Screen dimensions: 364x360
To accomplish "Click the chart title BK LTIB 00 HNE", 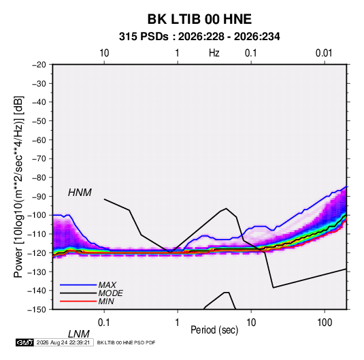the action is coord(199,19).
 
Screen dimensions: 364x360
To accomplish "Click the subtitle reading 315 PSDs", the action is coord(144,37).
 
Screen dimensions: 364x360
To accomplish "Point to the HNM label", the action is coord(80,193).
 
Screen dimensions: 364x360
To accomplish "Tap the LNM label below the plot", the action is coord(79,334).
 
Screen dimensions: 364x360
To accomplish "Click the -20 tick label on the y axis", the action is coord(39,65).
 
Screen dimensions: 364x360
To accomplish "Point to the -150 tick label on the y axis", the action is coord(37,310).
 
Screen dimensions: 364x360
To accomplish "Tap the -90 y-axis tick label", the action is coord(39,197).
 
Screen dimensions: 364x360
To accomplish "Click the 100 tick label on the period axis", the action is coord(325,323).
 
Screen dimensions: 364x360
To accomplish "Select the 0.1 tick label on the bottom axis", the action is coord(104,323).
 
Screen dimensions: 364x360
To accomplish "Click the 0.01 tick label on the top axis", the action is coord(324,53).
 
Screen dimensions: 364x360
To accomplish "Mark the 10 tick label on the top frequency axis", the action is coord(104,53).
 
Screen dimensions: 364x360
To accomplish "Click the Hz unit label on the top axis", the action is coord(214,53).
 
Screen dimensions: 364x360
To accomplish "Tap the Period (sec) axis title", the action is coord(214,330).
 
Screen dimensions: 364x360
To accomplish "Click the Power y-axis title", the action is coord(18,187).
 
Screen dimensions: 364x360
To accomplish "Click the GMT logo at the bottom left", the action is coord(25,342).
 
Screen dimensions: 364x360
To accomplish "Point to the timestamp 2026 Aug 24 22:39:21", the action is coord(63,342).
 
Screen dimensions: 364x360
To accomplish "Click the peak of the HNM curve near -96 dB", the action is coord(226,208).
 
